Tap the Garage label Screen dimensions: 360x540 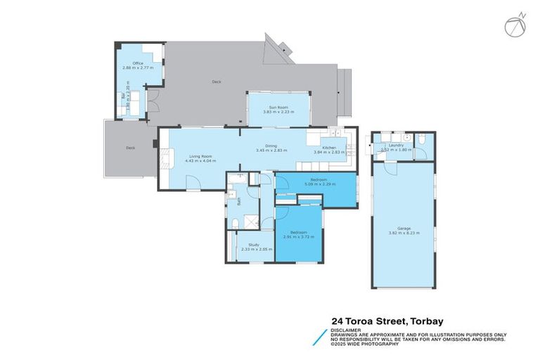[x=404, y=228]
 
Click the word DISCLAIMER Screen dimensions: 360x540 [x=347, y=328]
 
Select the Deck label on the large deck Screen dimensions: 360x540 [x=216, y=82]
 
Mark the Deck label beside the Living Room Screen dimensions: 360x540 [x=130, y=148]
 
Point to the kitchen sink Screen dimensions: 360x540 [x=335, y=134]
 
